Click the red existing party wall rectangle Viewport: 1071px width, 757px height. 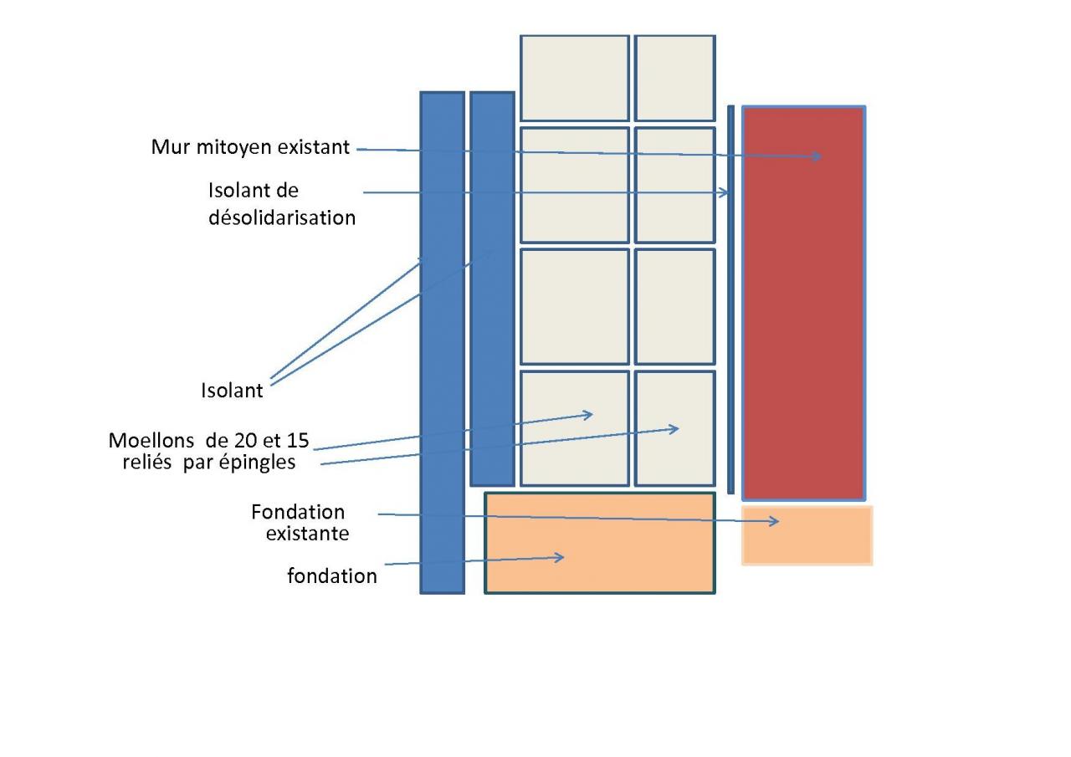click(x=803, y=335)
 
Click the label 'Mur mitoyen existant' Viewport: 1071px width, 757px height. click(x=250, y=147)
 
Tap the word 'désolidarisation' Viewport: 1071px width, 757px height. click(x=282, y=217)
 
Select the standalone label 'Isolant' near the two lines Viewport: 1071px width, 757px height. click(x=232, y=390)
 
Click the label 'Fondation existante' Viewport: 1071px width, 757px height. click(x=300, y=522)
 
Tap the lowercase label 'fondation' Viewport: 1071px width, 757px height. click(x=331, y=576)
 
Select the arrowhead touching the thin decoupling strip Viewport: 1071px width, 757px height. click(x=725, y=193)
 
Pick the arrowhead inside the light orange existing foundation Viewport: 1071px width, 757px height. click(x=775, y=522)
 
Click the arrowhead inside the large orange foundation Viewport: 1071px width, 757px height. click(x=560, y=557)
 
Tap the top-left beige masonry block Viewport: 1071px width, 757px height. click(x=574, y=78)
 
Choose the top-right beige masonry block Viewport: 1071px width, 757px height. click(x=674, y=78)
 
